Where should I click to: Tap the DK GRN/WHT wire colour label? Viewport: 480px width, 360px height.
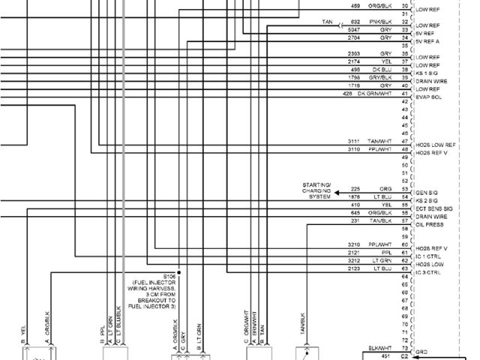[373, 93]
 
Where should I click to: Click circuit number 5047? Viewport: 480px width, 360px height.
[355, 29]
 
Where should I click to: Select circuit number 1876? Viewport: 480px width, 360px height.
[355, 196]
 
